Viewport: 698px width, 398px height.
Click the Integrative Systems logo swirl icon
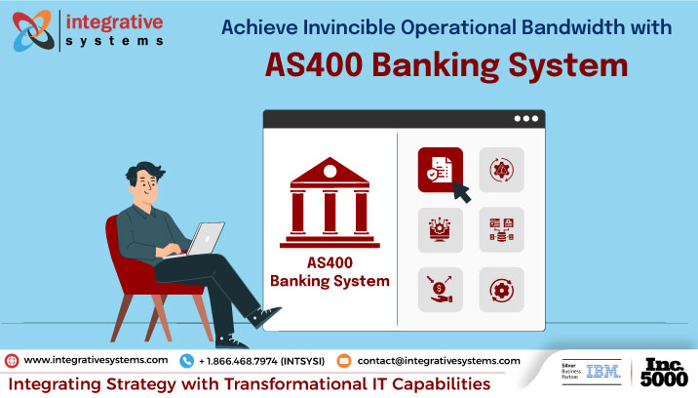coord(32,29)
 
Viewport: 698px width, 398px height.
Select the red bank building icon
coord(329,204)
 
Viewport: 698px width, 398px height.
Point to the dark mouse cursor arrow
coord(459,192)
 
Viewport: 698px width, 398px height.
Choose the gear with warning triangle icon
coord(500,170)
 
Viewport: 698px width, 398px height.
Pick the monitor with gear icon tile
coord(440,230)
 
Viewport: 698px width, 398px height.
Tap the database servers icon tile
coord(500,230)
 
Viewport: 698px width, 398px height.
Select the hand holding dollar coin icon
coord(440,290)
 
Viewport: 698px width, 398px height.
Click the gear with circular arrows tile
coord(500,290)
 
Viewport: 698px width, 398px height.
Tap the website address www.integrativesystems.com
coord(95,360)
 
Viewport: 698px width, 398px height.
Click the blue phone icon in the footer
coord(186,360)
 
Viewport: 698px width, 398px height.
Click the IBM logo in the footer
coord(604,372)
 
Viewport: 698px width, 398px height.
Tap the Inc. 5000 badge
coord(665,372)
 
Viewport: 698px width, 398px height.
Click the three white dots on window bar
coord(526,118)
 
